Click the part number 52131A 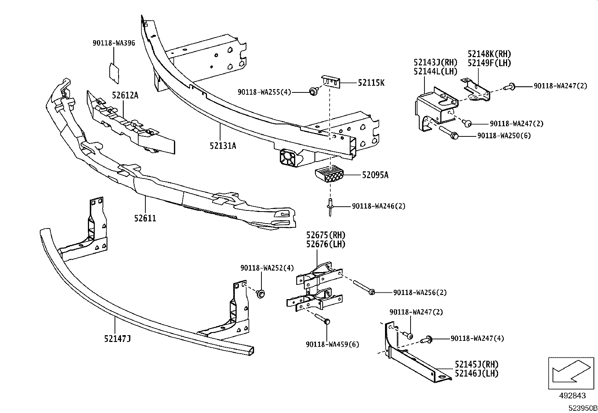click(223, 145)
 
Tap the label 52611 click(145, 218)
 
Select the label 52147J click(118, 339)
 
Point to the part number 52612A click(125, 95)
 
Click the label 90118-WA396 click(114, 43)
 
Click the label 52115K click(371, 83)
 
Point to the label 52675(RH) click(325, 235)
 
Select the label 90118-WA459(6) click(332, 344)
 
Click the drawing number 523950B click(582, 408)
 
